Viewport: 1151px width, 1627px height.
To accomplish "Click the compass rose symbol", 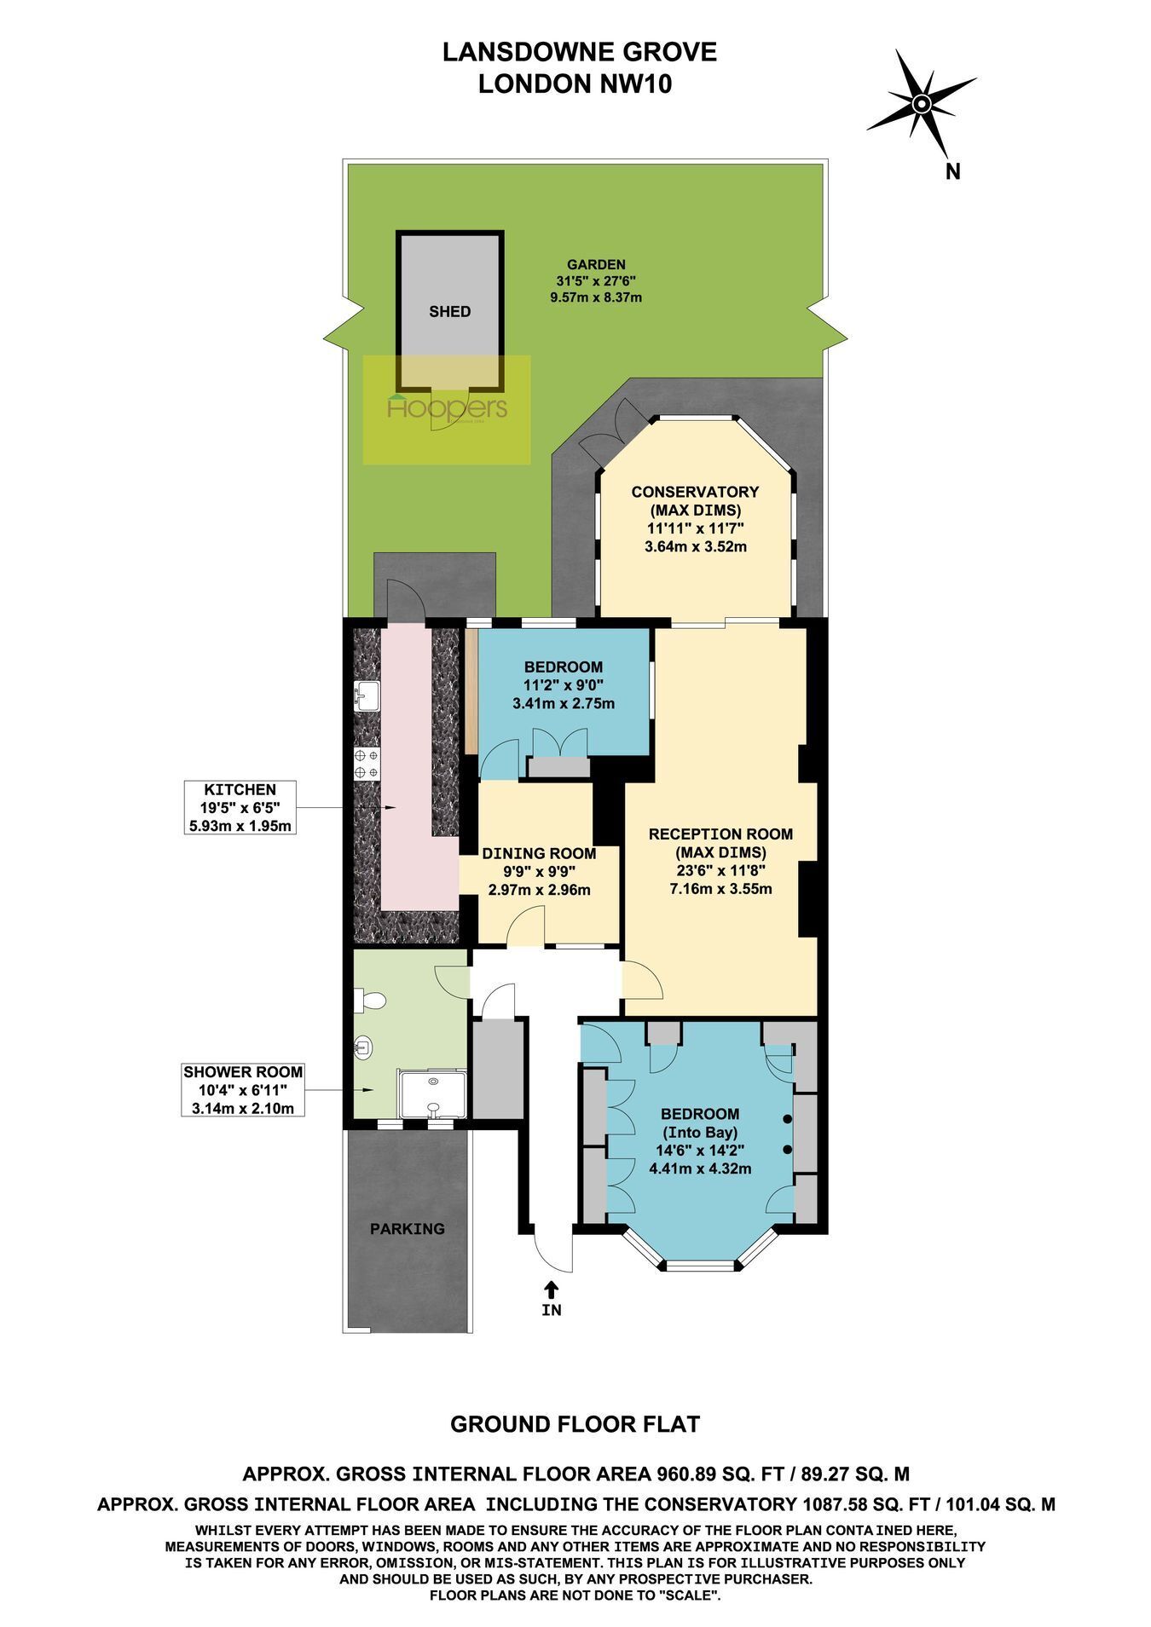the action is click(921, 104).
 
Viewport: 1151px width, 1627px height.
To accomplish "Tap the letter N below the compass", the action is click(953, 171).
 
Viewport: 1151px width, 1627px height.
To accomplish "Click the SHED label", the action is click(449, 311).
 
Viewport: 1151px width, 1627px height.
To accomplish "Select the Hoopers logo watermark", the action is click(447, 409).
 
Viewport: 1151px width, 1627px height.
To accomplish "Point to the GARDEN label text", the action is click(596, 264).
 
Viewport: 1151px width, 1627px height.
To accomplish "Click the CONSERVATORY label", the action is click(695, 492).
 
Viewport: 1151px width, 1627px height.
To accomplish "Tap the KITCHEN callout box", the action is click(240, 806).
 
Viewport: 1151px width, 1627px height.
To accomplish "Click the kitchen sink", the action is click(367, 696).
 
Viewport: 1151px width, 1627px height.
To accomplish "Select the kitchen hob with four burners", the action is click(367, 763).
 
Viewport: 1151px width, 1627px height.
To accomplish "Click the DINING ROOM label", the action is click(539, 853).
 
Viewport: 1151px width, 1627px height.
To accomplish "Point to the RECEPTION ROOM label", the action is click(720, 834).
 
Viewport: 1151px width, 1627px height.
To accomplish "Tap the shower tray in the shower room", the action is click(433, 1093).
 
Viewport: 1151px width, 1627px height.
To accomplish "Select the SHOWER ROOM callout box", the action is click(242, 1090).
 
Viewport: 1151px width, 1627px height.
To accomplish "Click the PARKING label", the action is click(408, 1229).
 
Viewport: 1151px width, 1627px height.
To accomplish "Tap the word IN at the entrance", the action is click(552, 1310).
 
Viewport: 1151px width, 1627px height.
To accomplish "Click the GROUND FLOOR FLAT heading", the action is click(575, 1423).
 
